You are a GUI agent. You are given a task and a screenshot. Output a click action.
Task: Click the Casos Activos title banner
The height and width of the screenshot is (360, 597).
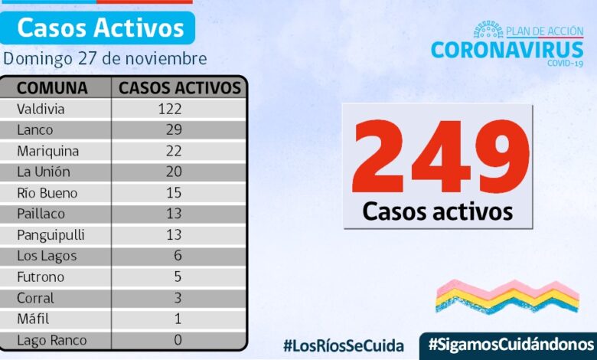[x=100, y=28]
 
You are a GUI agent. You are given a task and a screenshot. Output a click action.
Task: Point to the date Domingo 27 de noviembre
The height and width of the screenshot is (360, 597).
[x=105, y=59]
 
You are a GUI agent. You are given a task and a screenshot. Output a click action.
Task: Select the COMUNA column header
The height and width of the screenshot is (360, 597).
[x=52, y=88]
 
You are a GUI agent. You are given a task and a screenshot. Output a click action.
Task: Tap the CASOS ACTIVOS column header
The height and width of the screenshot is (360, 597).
[x=180, y=88]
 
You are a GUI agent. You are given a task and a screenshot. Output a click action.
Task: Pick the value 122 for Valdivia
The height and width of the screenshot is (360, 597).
[x=169, y=110]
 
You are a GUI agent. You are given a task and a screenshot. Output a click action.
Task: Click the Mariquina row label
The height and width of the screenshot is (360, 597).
[x=46, y=151]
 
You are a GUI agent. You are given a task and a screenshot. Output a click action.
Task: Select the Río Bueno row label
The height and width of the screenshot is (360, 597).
[x=47, y=193]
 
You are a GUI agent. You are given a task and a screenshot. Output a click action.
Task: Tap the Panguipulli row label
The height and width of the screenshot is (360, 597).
[x=50, y=235]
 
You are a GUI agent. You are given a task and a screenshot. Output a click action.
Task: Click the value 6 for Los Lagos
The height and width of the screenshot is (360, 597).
[x=178, y=256]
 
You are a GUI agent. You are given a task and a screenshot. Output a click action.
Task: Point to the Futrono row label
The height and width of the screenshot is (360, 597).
[x=41, y=277]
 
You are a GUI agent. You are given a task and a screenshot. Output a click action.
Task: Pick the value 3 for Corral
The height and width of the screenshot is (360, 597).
[x=178, y=298]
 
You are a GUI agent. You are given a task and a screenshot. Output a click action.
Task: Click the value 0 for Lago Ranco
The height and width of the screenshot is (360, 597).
[x=178, y=340]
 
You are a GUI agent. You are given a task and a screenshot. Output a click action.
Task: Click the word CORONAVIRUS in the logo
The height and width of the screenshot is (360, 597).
[x=507, y=50]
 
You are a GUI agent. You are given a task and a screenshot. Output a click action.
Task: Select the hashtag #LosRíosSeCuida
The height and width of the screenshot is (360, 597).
[x=343, y=345]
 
